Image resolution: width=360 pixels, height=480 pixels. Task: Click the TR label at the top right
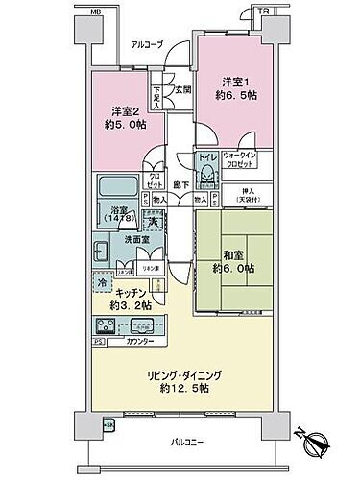(263, 12)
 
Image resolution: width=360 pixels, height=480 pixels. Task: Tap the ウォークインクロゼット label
(238, 160)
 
